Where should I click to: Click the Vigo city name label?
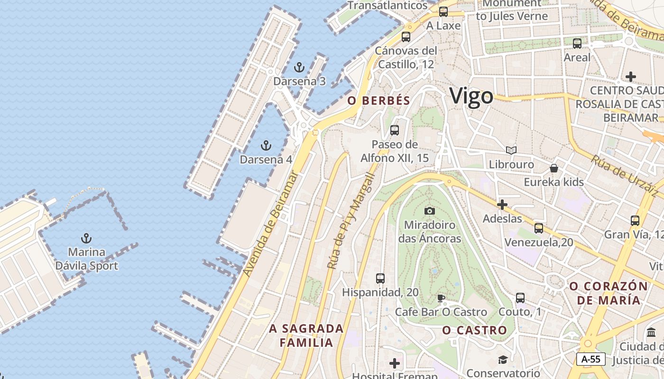(x=471, y=96)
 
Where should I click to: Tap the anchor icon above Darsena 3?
(x=299, y=67)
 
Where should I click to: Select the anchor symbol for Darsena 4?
(x=266, y=145)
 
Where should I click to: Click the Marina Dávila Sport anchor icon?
(x=86, y=238)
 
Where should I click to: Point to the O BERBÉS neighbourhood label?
(x=378, y=100)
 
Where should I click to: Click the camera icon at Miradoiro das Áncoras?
(x=430, y=211)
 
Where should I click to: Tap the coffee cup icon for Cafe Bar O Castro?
(x=441, y=298)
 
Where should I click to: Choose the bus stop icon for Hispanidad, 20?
(x=380, y=279)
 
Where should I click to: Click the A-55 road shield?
(x=591, y=359)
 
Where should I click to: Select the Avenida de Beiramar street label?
(x=271, y=224)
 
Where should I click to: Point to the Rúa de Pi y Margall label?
(x=351, y=222)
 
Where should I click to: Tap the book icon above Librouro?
(x=511, y=151)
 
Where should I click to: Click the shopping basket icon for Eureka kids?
(x=553, y=168)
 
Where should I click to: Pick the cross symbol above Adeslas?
(x=502, y=205)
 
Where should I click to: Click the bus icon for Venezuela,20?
(x=539, y=228)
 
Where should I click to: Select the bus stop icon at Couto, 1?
(x=520, y=298)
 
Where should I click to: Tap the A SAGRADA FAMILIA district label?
(x=306, y=335)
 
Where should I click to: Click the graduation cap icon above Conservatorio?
(x=503, y=360)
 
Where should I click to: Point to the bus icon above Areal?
(x=577, y=44)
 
